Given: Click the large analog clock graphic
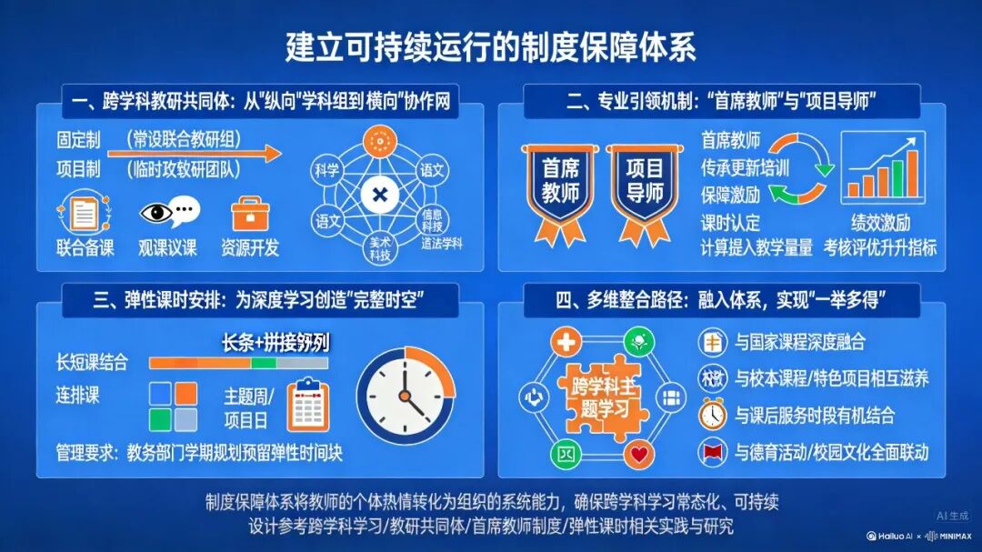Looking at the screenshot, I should [405, 396].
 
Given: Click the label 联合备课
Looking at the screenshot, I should [85, 248].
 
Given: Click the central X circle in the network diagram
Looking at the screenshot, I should [379, 195].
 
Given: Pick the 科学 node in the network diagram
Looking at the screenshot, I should [326, 169].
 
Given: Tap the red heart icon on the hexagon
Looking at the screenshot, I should [641, 452].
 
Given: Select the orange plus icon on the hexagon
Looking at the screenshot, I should [566, 342].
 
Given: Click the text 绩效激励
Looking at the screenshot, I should [880, 223].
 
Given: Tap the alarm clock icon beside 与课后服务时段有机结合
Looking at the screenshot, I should [711, 415].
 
